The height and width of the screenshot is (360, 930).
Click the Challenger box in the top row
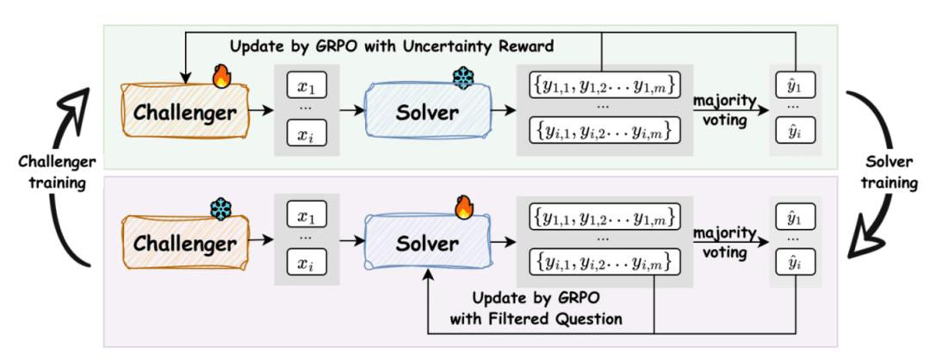pyautogui.click(x=185, y=111)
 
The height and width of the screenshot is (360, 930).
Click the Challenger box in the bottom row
pyautogui.click(x=185, y=243)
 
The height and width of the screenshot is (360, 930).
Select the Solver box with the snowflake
pyautogui.click(x=427, y=111)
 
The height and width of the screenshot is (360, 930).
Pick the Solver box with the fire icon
pyautogui.click(x=427, y=243)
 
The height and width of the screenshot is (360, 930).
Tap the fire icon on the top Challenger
pyautogui.click(x=222, y=77)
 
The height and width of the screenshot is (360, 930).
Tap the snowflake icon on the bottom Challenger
pyautogui.click(x=220, y=208)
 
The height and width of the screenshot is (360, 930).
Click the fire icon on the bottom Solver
pyautogui.click(x=464, y=208)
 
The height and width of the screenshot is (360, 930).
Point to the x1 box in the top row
pyautogui.click(x=307, y=86)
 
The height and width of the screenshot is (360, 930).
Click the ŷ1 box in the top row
pyautogui.click(x=796, y=86)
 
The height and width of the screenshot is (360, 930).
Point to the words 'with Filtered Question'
pyautogui.click(x=536, y=319)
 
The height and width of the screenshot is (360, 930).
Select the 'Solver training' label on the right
pyautogui.click(x=889, y=172)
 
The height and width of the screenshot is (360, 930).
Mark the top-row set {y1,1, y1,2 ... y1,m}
pyautogui.click(x=604, y=87)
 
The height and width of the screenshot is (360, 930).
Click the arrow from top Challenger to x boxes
pyautogui.click(x=262, y=111)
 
